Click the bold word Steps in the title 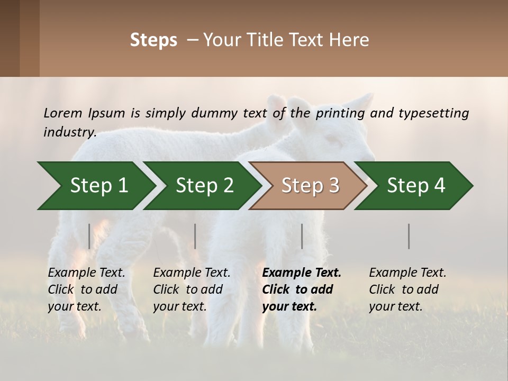click(153, 40)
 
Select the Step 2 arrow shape click(204, 186)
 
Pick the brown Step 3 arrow click(310, 186)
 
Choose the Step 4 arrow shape click(416, 186)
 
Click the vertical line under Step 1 click(89, 236)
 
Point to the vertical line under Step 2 click(195, 236)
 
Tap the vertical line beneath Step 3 click(302, 236)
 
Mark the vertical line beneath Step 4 click(409, 236)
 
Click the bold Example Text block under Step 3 click(302, 289)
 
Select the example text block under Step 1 click(86, 289)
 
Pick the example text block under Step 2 click(192, 289)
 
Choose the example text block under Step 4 click(407, 289)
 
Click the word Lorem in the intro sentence click(62, 113)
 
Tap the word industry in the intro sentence click(69, 132)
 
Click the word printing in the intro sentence click(340, 113)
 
